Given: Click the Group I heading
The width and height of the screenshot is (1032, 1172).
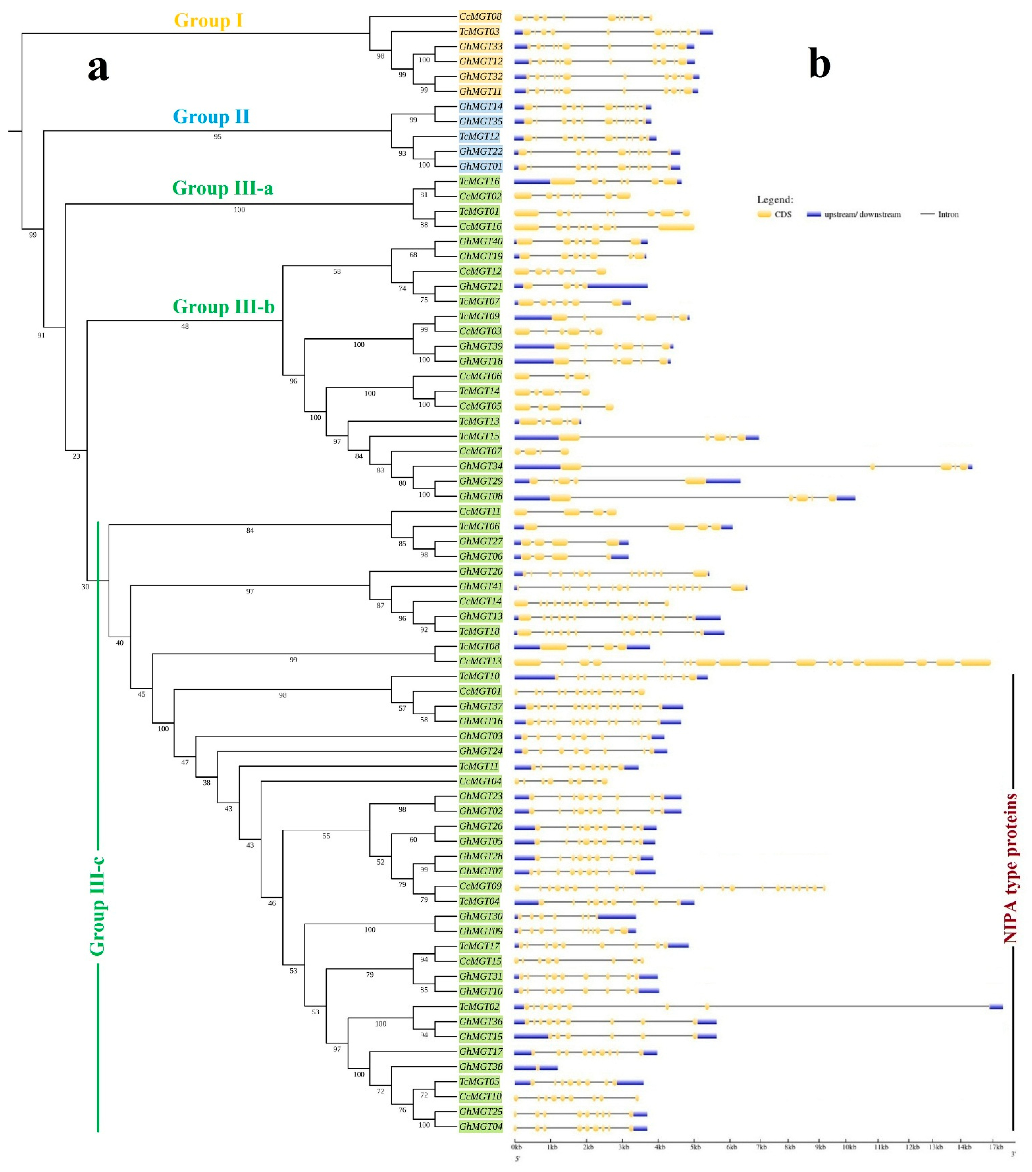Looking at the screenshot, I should pyautogui.click(x=208, y=21).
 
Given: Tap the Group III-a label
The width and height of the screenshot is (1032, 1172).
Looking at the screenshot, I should pyautogui.click(x=222, y=188).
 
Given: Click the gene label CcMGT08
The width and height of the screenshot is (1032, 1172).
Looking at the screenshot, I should pyautogui.click(x=480, y=17).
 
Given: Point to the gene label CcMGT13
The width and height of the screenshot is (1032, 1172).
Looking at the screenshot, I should pyautogui.click(x=480, y=661).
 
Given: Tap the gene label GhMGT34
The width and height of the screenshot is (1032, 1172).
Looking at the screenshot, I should pyautogui.click(x=481, y=466).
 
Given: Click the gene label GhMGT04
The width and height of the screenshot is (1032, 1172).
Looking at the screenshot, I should pyautogui.click(x=481, y=1126).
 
